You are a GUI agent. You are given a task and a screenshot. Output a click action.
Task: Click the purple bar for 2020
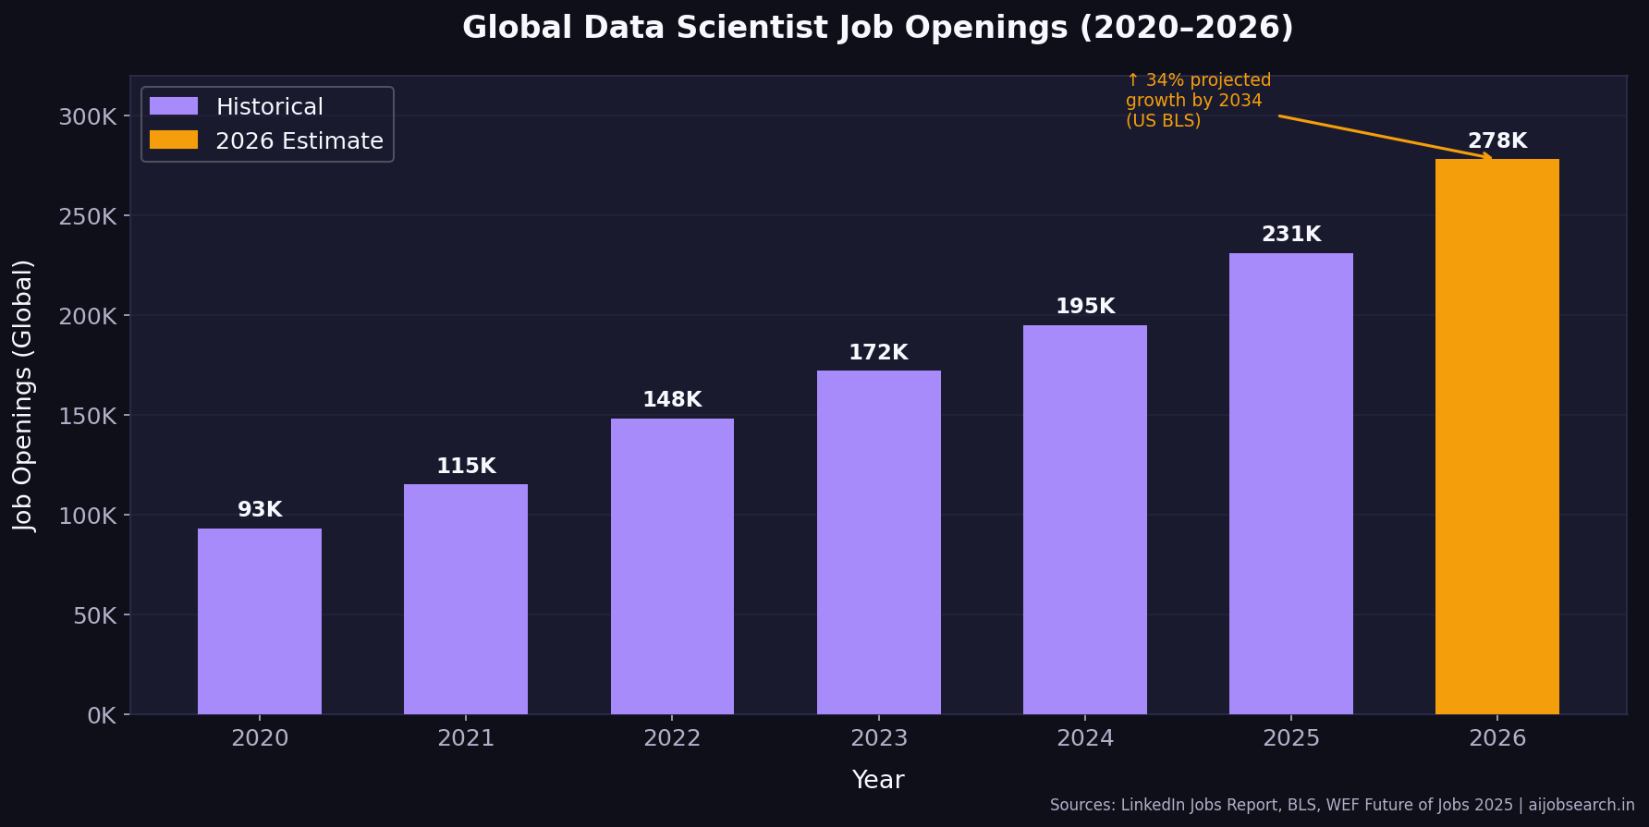pyautogui.click(x=260, y=621)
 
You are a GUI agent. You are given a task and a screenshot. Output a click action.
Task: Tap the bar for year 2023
pyautogui.click(x=878, y=542)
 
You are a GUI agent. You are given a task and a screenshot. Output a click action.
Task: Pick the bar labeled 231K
pyautogui.click(x=1290, y=483)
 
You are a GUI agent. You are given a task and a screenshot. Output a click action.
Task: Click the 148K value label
pyautogui.click(x=672, y=400)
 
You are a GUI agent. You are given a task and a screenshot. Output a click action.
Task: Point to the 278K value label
pyautogui.click(x=1496, y=141)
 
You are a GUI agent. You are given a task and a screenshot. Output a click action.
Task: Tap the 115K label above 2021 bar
pyautogui.click(x=466, y=467)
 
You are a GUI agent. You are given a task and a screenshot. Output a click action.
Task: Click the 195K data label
pyautogui.click(x=1084, y=307)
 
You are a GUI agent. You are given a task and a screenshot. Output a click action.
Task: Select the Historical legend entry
pyautogui.click(x=269, y=107)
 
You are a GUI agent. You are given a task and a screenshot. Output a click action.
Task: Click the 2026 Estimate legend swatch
pyautogui.click(x=174, y=140)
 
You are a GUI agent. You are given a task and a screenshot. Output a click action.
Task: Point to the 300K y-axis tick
pyautogui.click(x=88, y=116)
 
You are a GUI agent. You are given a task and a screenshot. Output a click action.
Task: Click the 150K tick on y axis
pyautogui.click(x=88, y=416)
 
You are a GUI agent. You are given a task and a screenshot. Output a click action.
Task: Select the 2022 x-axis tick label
pyautogui.click(x=672, y=738)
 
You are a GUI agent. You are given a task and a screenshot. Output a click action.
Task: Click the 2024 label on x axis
pyautogui.click(x=1084, y=738)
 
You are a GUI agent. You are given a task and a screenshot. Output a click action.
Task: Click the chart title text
pyautogui.click(x=877, y=28)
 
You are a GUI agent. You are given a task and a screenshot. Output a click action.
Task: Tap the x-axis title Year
pyautogui.click(x=877, y=780)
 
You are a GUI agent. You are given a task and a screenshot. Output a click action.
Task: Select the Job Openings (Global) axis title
pyautogui.click(x=23, y=395)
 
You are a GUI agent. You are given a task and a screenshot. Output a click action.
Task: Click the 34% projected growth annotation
pyautogui.click(x=1197, y=101)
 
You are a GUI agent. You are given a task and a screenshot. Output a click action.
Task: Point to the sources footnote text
pyautogui.click(x=1341, y=805)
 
